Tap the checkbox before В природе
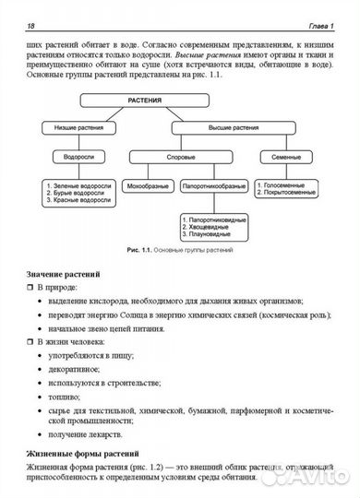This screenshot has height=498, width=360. [x=31, y=289]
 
